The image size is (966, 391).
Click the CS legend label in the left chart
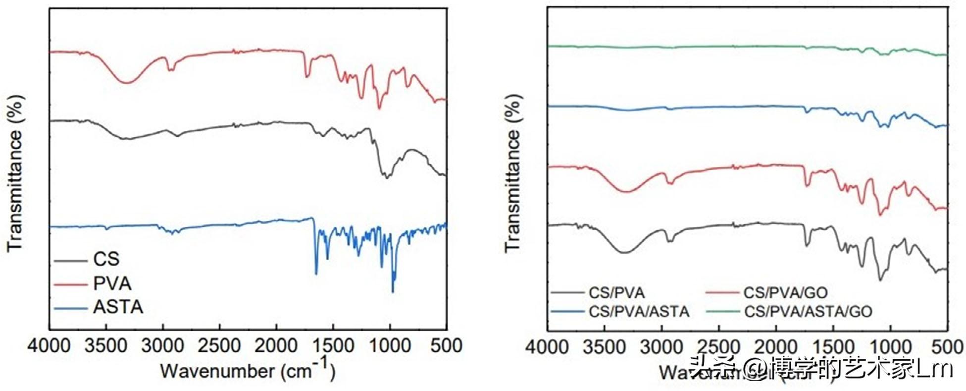[x=106, y=259]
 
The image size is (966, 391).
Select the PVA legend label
[x=112, y=283]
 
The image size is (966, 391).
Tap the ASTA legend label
[x=118, y=307]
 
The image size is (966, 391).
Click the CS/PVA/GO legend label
[x=785, y=293]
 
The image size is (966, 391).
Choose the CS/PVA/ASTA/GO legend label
[x=808, y=311]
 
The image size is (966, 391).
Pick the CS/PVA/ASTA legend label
[x=639, y=311]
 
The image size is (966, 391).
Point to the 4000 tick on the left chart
[x=50, y=345]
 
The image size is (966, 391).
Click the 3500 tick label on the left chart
[x=106, y=345]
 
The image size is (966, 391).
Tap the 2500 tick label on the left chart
[x=219, y=345]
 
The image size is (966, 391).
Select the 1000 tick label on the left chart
[x=390, y=345]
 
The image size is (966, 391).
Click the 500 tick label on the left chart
[x=446, y=345]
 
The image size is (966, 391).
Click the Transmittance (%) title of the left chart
[x=16, y=173]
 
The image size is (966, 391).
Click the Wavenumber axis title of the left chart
[x=248, y=370]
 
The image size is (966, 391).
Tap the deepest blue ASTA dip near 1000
[x=393, y=291]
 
